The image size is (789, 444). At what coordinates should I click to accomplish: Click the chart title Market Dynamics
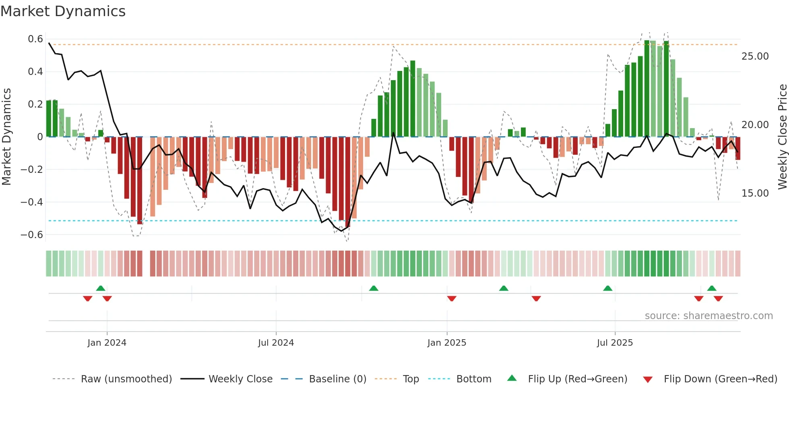(63, 11)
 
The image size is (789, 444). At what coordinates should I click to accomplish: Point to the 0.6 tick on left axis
(35, 39)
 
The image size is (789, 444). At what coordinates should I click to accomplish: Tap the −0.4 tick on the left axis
(32, 202)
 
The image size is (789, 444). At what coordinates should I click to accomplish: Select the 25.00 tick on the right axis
(755, 56)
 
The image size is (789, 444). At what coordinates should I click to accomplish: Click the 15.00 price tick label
(755, 193)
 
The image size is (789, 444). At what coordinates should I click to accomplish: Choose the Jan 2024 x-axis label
(107, 343)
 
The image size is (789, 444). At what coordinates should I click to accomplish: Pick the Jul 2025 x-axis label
(615, 343)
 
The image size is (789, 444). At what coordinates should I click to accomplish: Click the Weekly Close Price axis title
(782, 137)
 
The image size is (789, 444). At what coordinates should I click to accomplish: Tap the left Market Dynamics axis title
(6, 137)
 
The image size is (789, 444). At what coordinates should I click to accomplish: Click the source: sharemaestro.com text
(708, 316)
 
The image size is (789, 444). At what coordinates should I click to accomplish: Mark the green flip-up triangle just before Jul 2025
(607, 288)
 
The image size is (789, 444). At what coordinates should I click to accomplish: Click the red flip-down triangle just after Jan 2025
(452, 299)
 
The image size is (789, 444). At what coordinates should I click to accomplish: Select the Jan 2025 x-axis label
(446, 343)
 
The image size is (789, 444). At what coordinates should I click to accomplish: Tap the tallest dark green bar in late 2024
(413, 99)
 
